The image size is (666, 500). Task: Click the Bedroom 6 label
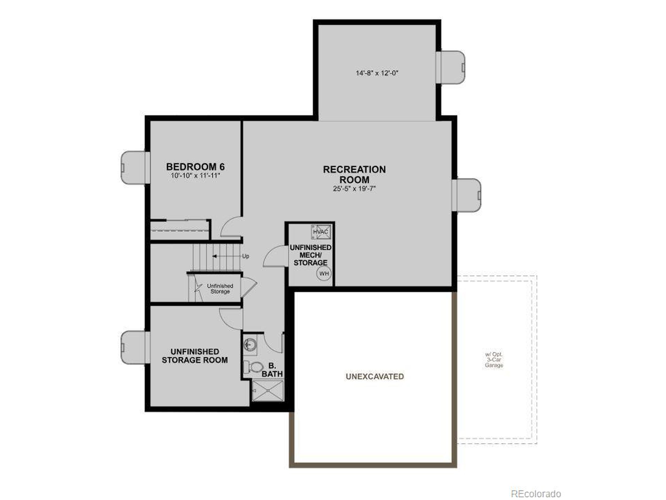(x=195, y=167)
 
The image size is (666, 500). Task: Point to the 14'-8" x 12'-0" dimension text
(x=377, y=73)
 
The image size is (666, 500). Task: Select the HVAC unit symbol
(x=321, y=232)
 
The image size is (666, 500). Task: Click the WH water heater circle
(x=324, y=274)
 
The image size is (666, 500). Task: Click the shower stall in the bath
(x=268, y=391)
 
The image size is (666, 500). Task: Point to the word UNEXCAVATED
(x=375, y=376)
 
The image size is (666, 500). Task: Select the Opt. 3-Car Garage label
(x=494, y=360)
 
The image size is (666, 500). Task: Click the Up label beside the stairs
(x=246, y=256)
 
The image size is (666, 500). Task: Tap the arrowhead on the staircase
(x=215, y=256)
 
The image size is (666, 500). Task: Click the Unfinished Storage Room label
(x=195, y=356)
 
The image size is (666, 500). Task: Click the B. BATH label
(x=272, y=370)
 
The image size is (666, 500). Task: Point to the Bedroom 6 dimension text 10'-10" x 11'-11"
(x=195, y=176)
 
